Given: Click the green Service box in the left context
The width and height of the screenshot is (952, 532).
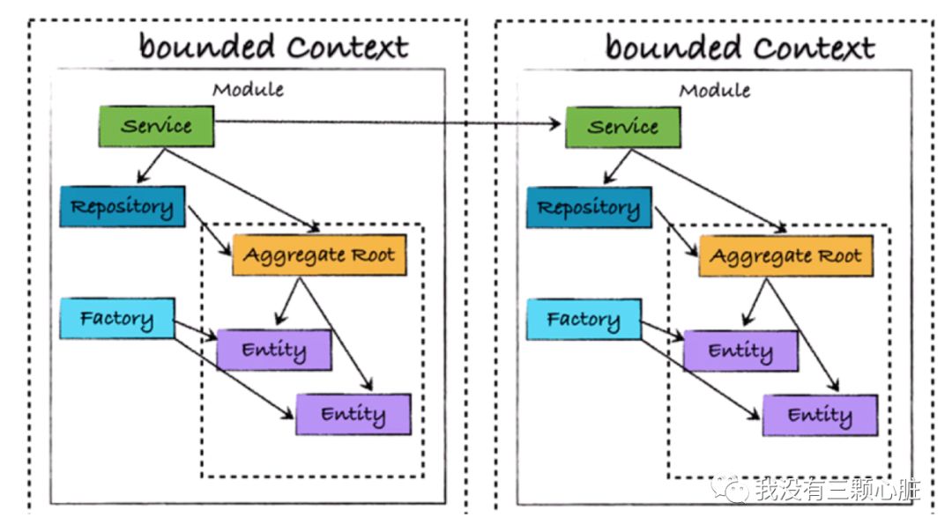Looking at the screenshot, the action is [157, 126].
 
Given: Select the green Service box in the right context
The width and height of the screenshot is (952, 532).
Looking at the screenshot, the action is [623, 128].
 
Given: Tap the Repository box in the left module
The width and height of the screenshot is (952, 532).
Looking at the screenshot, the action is [123, 207].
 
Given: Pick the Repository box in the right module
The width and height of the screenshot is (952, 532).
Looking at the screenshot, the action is [589, 208].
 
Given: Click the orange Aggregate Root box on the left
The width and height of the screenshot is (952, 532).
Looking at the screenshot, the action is [319, 255].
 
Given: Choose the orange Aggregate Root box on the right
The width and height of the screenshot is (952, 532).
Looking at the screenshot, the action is [785, 256].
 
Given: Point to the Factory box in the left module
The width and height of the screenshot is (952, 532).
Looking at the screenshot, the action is [117, 318].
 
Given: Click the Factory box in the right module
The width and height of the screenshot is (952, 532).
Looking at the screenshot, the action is [584, 319].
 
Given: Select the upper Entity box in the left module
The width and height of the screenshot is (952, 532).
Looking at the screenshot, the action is [274, 350].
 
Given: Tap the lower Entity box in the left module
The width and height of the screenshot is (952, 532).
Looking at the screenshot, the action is [353, 414].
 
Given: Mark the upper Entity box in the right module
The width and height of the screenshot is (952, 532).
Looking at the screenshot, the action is [740, 351].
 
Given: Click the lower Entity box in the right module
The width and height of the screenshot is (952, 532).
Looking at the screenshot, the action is [821, 416].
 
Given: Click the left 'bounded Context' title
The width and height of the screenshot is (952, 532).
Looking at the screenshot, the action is [274, 47].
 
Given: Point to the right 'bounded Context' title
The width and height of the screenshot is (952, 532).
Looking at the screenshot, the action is [740, 48].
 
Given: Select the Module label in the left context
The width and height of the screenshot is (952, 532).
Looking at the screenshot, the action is [248, 90].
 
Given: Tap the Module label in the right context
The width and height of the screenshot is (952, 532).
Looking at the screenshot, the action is [715, 91].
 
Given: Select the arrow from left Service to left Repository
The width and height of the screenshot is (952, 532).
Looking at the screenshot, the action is [152, 166].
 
